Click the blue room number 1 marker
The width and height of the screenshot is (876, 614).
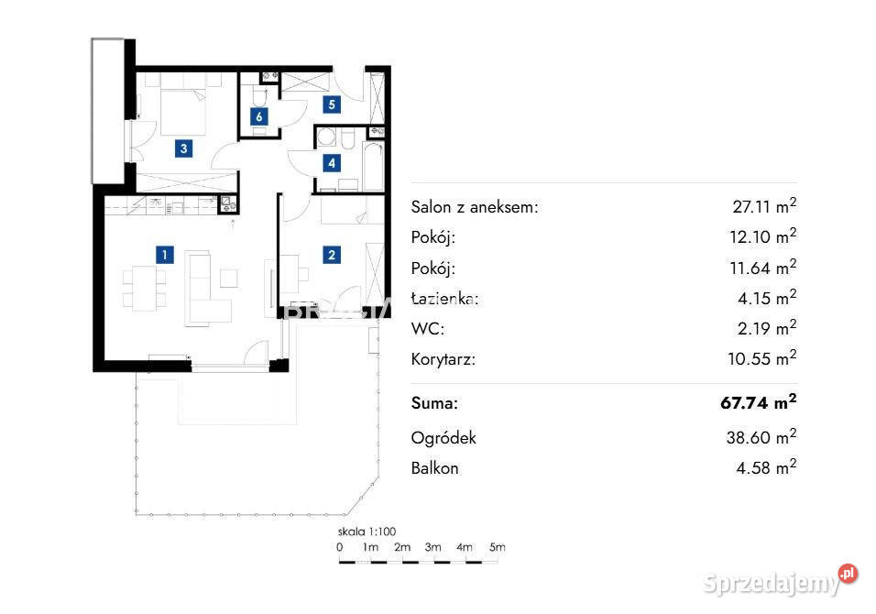pos(164,255)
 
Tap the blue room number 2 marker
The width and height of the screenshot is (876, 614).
pos(332,255)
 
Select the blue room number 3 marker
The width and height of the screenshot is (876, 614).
pos(184,148)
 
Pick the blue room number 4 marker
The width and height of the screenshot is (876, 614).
pos(332,163)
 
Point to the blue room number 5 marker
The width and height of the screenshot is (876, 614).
pos(332,104)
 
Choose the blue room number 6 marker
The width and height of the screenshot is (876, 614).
pos(258,116)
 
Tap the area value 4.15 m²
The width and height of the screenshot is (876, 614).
pos(767,297)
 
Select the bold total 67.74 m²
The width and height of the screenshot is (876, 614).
pos(759,401)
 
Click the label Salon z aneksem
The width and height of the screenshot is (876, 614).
pos(475,207)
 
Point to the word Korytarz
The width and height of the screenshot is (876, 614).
pos(443,358)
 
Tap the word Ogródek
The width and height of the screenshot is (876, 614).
pos(443,437)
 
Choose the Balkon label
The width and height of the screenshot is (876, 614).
pos(434,468)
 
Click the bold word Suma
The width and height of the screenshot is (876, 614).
pos(434,403)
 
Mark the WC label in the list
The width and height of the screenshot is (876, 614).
pos(428,328)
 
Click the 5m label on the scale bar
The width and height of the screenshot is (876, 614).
pos(498,547)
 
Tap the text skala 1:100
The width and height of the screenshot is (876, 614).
pos(367,532)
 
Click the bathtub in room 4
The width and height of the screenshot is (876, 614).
pos(373,167)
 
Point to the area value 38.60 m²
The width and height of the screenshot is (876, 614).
pos(761,436)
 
